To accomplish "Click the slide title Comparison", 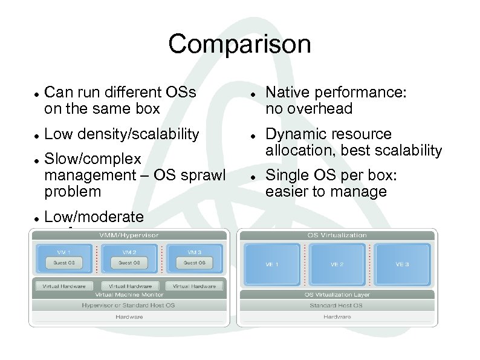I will pos(239,44).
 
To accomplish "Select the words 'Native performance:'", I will pos(336,93).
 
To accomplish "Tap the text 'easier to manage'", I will pos(326,192).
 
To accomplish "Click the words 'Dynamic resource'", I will pos(328,134).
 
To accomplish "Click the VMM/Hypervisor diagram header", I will pos(129,235).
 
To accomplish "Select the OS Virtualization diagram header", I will pos(337,235).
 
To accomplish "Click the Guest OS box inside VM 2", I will pos(129,263).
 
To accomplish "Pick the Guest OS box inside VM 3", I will pos(195,263).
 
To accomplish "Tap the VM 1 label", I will pos(64,251).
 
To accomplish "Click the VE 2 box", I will pos(337,264).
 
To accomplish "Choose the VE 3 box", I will pos(402,264).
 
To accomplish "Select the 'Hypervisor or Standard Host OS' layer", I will pos(129,306).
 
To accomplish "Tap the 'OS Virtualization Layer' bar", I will pos(337,295).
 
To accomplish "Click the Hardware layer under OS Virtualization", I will pos(337,316).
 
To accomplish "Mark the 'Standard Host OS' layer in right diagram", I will pos(337,306).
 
